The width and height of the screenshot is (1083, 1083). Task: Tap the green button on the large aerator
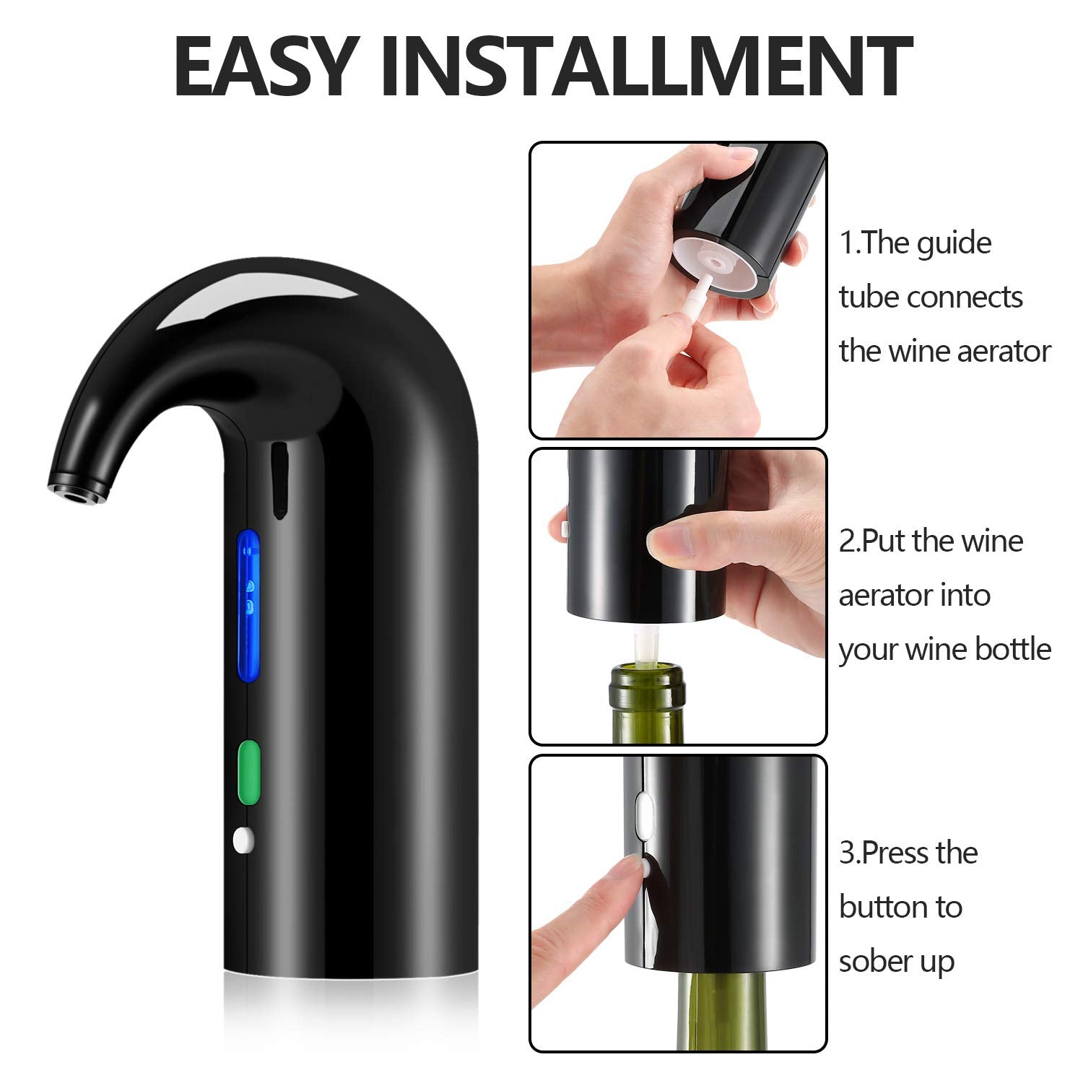[x=248, y=771]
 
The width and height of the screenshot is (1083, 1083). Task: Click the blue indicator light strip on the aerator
[x=249, y=605]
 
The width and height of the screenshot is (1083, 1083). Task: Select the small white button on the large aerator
[x=243, y=840]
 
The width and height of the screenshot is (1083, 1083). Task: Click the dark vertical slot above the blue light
[x=278, y=480]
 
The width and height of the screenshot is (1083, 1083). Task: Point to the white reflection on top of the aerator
[x=260, y=295]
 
